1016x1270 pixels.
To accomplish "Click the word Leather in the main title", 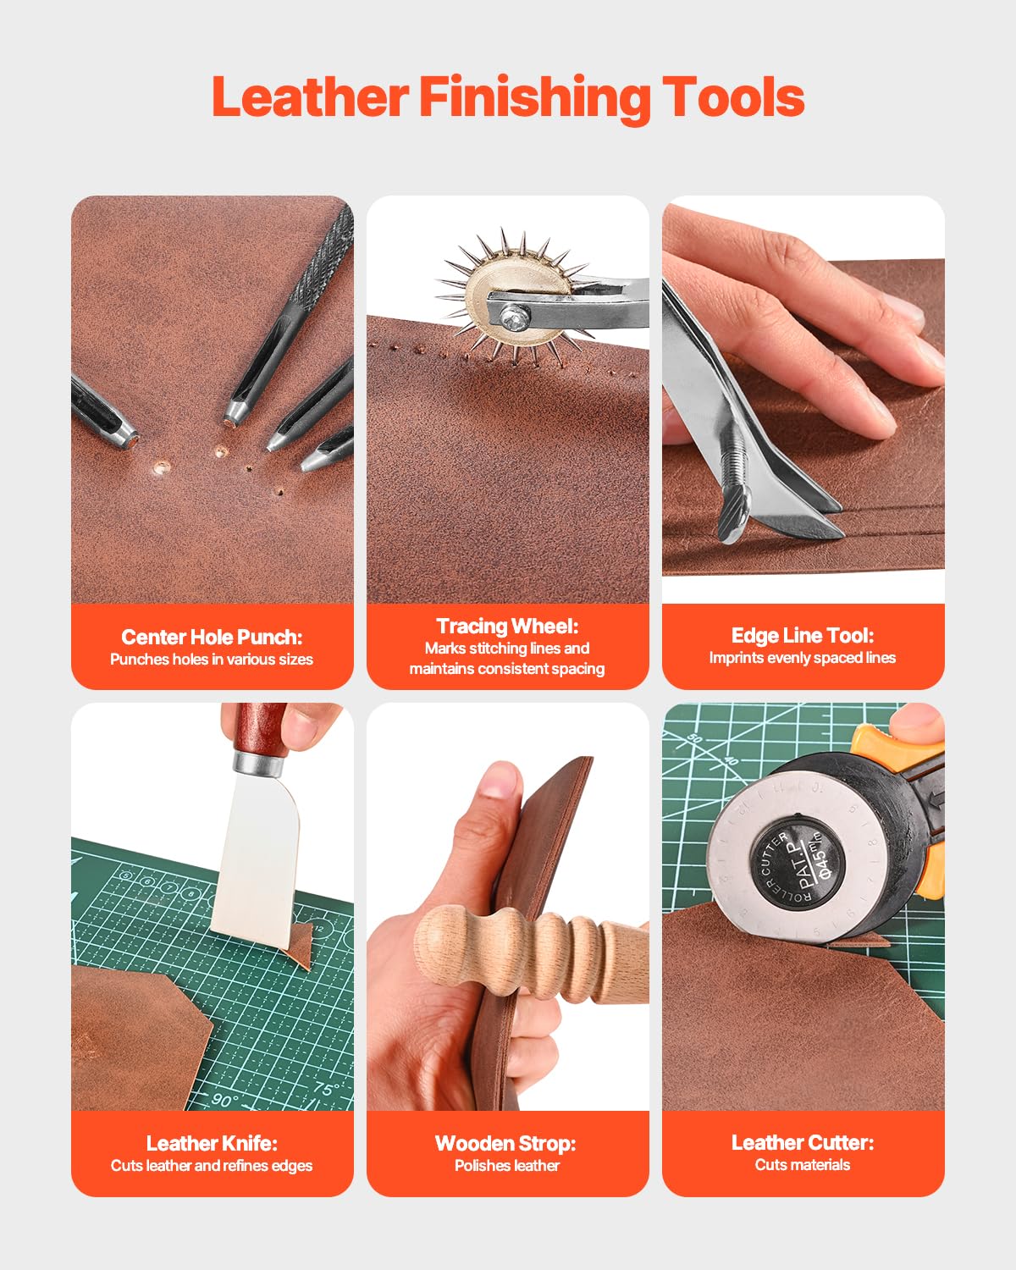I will point(310,97).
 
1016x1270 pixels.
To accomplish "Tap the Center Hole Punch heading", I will point(212,637).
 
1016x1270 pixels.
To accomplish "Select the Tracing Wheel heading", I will point(507,626).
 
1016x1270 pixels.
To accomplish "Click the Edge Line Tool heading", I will point(802,635).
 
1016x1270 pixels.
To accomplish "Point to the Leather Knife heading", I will point(212,1143).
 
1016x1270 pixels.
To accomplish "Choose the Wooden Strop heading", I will point(505,1143).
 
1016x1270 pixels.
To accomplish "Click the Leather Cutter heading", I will point(802,1142).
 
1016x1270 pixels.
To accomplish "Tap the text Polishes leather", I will point(506,1166).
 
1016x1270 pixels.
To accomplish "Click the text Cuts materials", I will point(802,1165).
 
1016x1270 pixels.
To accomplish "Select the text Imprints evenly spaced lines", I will point(802,658).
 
